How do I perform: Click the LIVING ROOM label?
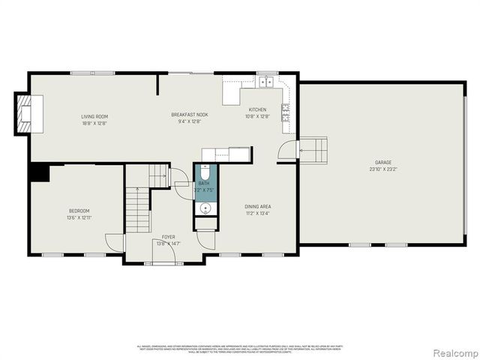click(x=94, y=116)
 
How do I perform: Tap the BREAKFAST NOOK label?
click(x=190, y=114)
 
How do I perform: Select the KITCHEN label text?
click(x=257, y=109)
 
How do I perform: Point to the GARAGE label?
click(x=383, y=162)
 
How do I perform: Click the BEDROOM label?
click(x=79, y=211)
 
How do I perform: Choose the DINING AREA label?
click(x=257, y=205)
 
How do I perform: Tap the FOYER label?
click(x=169, y=236)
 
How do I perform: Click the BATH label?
click(x=204, y=183)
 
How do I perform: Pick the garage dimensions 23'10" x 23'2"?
click(x=383, y=169)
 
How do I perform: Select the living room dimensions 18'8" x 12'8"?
click(x=94, y=123)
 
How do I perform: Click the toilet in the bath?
click(x=205, y=173)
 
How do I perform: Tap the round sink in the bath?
click(x=205, y=208)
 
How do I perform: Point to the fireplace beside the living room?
click(x=25, y=113)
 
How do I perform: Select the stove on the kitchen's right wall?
click(x=286, y=112)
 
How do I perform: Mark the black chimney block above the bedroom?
click(x=38, y=172)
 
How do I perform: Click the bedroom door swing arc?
click(x=114, y=243)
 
